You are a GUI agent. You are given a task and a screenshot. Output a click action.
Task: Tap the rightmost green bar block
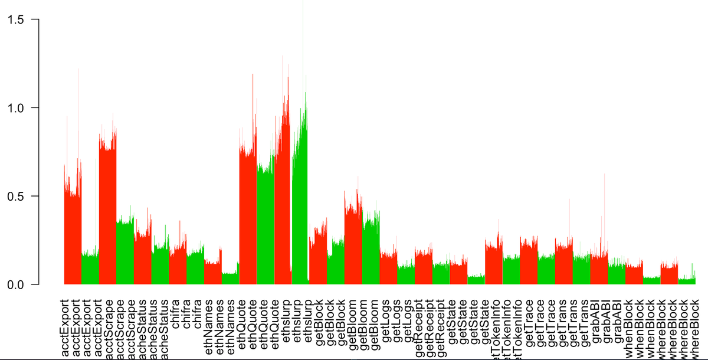tap(687, 281)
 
